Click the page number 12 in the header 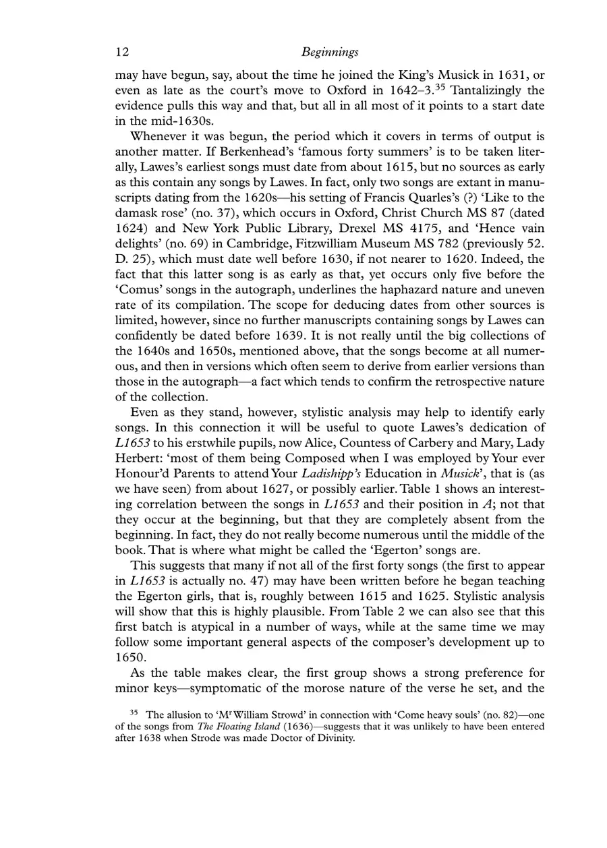pos(121,51)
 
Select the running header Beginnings pos(330,51)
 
